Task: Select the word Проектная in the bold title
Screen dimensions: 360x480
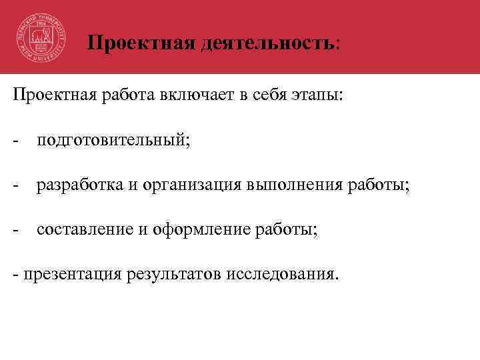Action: coord(139,43)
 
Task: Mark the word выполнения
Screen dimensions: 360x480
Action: coord(295,185)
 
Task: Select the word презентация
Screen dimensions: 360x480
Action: coord(66,274)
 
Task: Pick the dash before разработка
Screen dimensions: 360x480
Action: coord(15,185)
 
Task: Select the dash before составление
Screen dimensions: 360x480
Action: coord(15,229)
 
